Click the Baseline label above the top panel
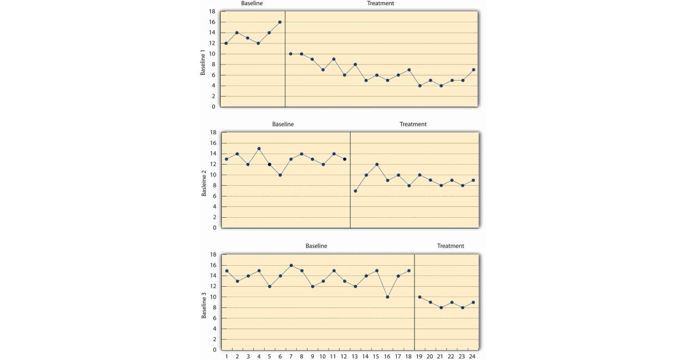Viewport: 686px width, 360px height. pos(252,3)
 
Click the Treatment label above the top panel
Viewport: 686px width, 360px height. pos(380,3)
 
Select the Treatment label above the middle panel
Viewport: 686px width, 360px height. pos(413,124)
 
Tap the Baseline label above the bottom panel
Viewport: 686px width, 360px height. pos(316,246)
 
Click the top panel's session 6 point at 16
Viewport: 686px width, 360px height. pos(280,22)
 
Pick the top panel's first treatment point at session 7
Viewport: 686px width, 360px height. pos(291,54)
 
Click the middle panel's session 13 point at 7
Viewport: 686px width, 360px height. pos(356,191)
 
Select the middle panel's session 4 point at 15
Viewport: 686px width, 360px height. pos(259,149)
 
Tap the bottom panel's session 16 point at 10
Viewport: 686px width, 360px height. pos(388,297)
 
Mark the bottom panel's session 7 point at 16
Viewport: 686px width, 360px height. pos(291,265)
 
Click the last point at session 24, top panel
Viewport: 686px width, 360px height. pos(473,70)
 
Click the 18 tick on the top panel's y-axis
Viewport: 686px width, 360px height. pos(212,11)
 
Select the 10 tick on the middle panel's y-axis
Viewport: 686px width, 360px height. pos(213,175)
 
